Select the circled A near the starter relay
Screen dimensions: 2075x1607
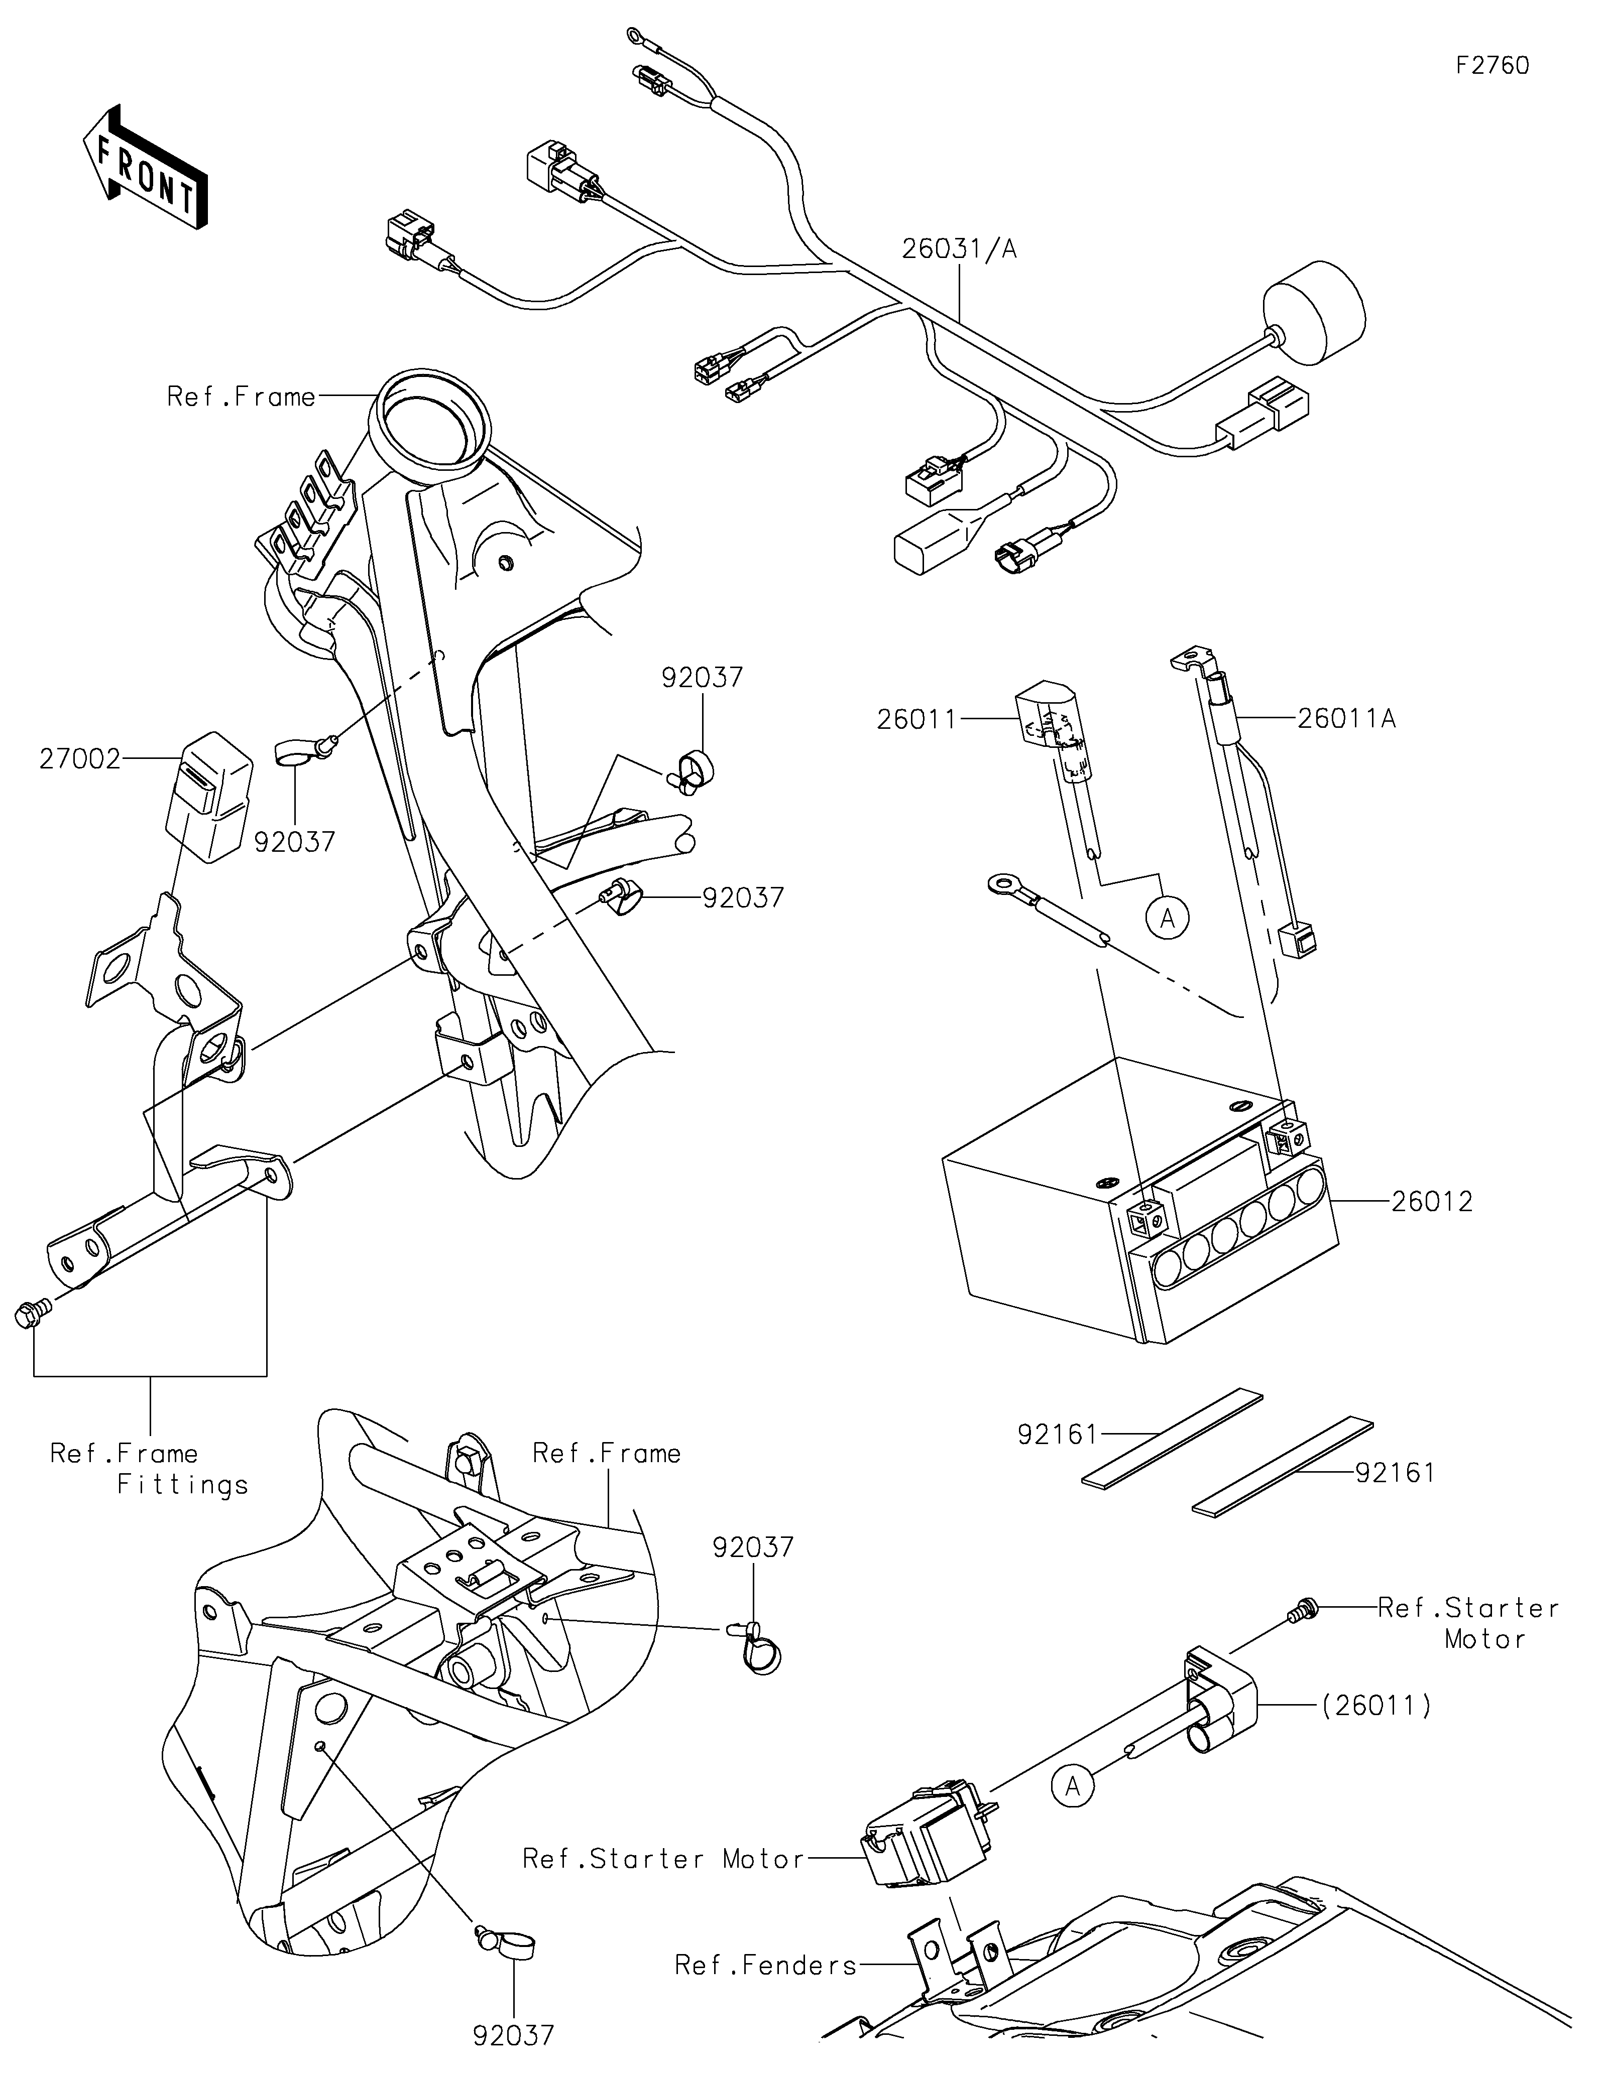coord(1073,1787)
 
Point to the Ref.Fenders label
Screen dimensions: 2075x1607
coord(766,1965)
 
